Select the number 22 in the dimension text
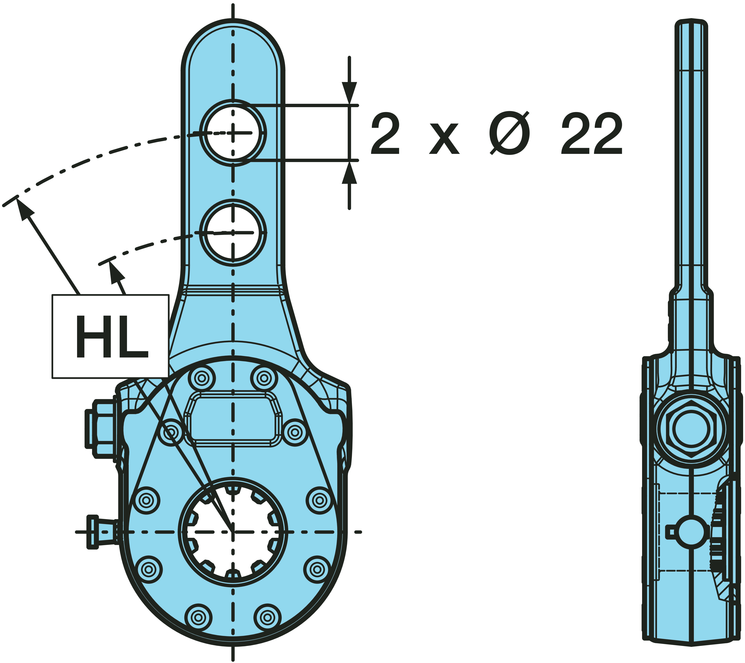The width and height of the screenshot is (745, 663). (x=591, y=133)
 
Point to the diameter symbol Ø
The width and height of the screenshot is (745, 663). (x=510, y=133)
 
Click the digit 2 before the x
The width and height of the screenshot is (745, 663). (x=385, y=133)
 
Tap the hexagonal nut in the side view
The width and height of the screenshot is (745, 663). (x=691, y=429)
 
